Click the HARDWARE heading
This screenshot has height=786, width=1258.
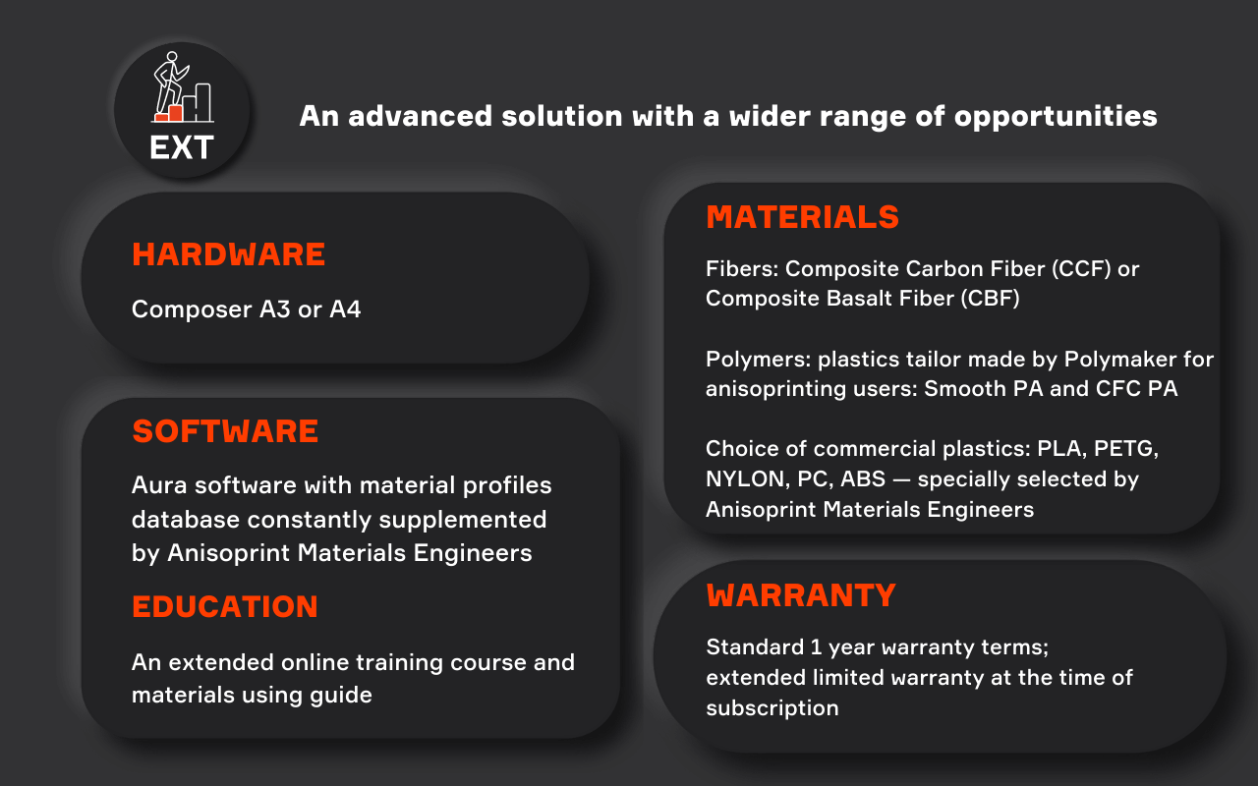click(229, 254)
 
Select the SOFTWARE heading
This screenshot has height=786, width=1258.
click(225, 431)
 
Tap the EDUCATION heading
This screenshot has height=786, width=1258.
click(225, 607)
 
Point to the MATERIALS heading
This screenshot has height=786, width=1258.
click(803, 217)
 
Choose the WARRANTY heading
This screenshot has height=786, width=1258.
click(801, 595)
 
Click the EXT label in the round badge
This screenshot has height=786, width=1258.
click(182, 147)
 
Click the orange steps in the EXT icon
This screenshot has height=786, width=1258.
click(169, 113)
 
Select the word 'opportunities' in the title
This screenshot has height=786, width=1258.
click(1056, 117)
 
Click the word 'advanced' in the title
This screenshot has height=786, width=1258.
click(420, 116)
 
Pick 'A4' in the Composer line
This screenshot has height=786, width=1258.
click(345, 309)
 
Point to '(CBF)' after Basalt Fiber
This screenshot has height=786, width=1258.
click(990, 299)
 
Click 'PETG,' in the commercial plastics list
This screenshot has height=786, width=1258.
click(1126, 449)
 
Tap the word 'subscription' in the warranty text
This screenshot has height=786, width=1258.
click(772, 708)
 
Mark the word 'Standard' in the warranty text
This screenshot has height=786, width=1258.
click(755, 647)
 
